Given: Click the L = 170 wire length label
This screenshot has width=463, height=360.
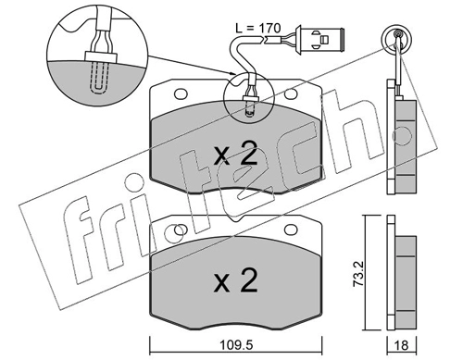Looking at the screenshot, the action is (x=258, y=29).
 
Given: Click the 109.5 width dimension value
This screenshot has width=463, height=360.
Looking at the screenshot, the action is (x=236, y=345).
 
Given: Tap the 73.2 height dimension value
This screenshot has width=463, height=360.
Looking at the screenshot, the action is (x=359, y=275).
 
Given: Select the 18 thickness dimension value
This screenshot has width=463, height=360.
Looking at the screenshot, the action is (x=402, y=345).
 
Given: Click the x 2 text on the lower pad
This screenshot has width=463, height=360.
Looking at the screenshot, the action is (x=235, y=279).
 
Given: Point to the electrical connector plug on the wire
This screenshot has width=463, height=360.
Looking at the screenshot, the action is (x=319, y=40).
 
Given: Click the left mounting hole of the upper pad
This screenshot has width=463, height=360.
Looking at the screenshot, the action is (x=181, y=93).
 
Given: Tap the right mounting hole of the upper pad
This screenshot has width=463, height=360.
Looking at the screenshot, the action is (x=290, y=93).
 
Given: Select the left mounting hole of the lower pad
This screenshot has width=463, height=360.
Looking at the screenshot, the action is (x=181, y=230).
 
